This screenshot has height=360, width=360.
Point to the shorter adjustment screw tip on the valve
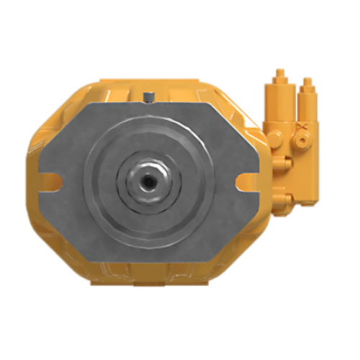pos(307,81)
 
